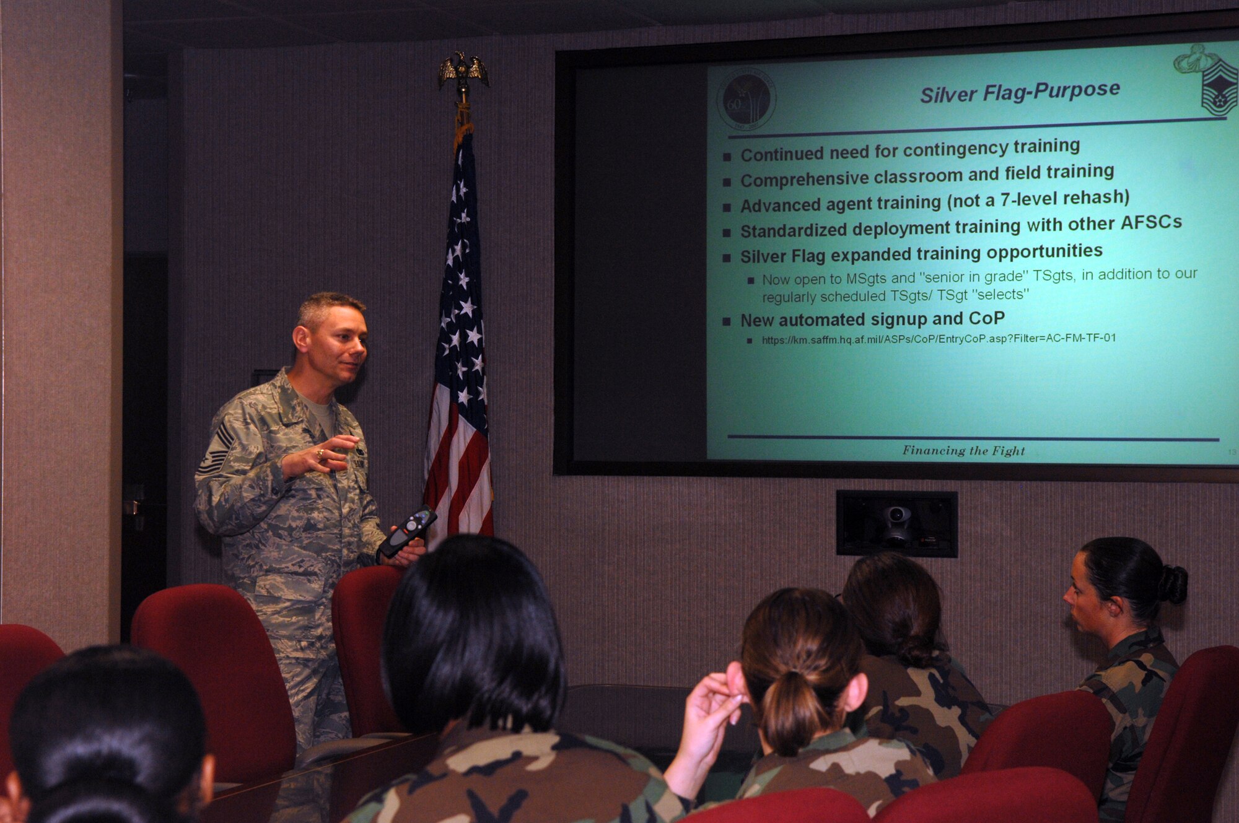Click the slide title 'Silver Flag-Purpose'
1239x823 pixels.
click(x=1020, y=92)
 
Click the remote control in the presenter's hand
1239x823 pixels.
click(x=407, y=531)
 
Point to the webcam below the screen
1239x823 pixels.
click(x=896, y=523)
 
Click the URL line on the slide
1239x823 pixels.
click(x=939, y=339)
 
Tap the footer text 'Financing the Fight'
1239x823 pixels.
click(x=963, y=451)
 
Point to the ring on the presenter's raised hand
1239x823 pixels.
click(x=320, y=454)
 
